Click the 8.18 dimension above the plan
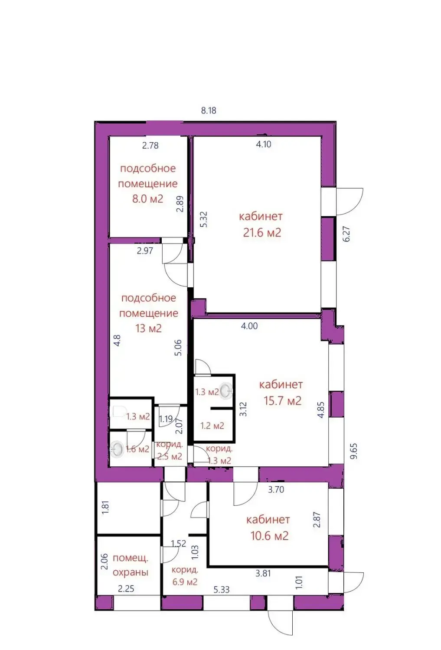[209, 110]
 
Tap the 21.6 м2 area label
[262, 233]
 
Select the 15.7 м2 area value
[282, 401]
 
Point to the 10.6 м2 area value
[269, 536]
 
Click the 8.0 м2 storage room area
[147, 199]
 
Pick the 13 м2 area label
[148, 328]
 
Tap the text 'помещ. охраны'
[130, 565]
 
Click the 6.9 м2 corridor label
[185, 582]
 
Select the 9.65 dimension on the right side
[354, 451]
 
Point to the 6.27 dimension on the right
[346, 234]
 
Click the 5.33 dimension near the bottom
[221, 590]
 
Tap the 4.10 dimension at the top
[264, 144]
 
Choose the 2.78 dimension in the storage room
[150, 146]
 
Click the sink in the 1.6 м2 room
[117, 449]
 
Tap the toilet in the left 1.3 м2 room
[118, 411]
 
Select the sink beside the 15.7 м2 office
[225, 391]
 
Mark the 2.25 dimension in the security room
[126, 589]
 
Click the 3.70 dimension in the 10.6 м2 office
[276, 490]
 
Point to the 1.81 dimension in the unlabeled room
[105, 507]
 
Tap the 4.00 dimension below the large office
[249, 326]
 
